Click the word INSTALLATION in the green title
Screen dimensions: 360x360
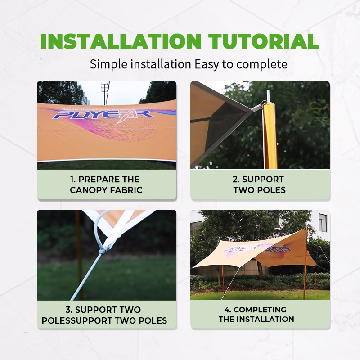point(121,41)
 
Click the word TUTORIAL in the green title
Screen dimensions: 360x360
point(264,41)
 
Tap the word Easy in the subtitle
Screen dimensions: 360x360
point(207,64)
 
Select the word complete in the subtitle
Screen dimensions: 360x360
point(261,64)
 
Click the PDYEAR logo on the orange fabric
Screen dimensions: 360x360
point(103,114)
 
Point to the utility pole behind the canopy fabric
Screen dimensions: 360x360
point(105,93)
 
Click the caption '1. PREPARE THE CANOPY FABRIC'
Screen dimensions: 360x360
point(106,184)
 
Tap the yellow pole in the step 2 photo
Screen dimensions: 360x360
point(270,135)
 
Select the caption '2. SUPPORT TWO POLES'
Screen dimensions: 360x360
point(260,184)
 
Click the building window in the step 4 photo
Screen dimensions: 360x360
point(323,222)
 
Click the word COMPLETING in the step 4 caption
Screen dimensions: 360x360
point(260,310)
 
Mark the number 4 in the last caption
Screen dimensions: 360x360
point(227,310)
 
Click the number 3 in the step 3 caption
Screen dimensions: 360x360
point(68,310)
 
